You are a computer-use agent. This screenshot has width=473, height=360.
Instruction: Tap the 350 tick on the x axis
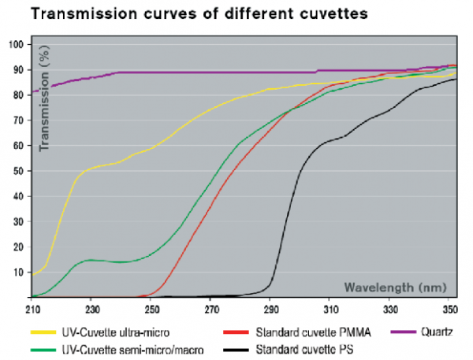(x=450, y=308)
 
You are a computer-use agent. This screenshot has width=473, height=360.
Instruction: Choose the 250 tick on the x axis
(x=152, y=308)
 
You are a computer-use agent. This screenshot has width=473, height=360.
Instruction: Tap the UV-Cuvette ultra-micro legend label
(x=116, y=332)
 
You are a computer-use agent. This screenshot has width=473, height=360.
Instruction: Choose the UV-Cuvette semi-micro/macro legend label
(x=130, y=348)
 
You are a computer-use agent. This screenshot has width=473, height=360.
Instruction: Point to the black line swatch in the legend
(x=235, y=348)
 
